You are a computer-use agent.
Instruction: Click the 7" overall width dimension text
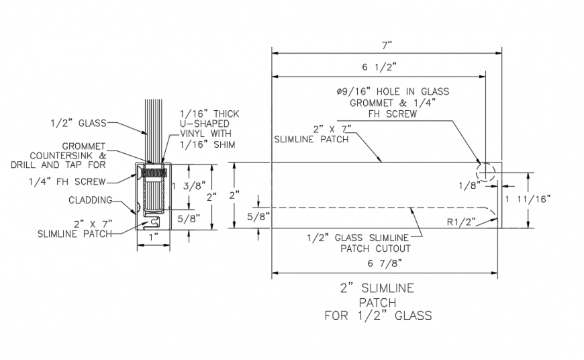point(386,44)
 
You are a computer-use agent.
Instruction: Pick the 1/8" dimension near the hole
point(469,183)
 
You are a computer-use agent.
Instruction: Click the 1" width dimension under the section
point(154,238)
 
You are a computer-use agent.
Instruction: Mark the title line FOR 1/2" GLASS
point(378,315)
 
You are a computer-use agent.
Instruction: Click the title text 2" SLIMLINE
point(377,289)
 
